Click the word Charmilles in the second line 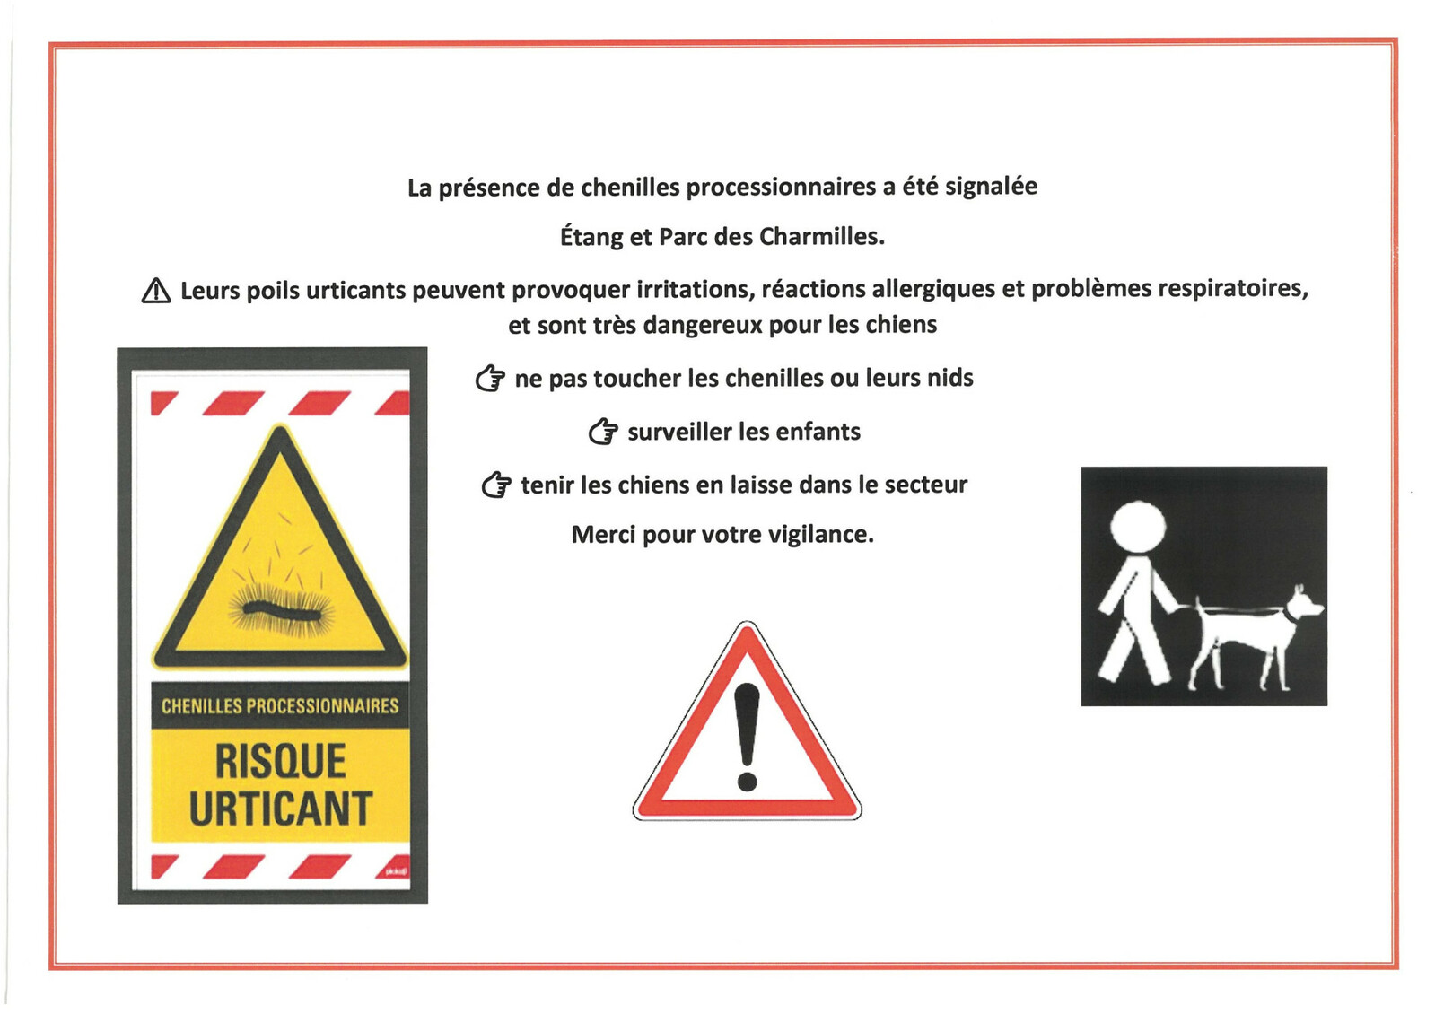click(x=821, y=237)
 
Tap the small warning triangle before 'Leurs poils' click(x=156, y=291)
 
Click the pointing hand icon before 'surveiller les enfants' click(x=603, y=433)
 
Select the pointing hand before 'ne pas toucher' click(x=490, y=379)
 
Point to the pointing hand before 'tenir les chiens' click(x=496, y=485)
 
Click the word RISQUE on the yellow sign click(x=280, y=762)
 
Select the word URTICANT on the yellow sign click(x=280, y=809)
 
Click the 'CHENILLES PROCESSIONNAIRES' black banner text click(x=280, y=706)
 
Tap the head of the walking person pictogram click(x=1137, y=527)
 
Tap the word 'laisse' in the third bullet click(x=761, y=485)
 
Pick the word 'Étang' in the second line click(x=591, y=237)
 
